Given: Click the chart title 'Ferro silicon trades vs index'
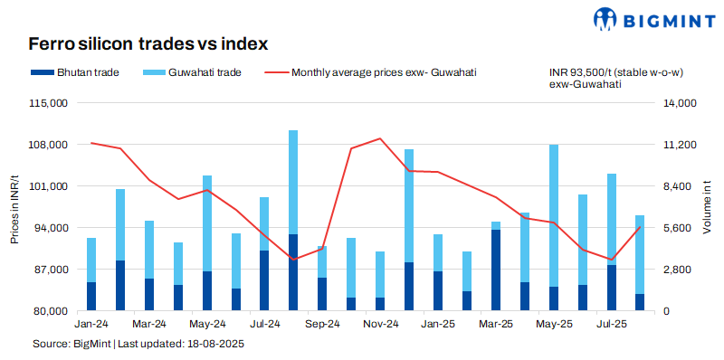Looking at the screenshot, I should [x=148, y=43].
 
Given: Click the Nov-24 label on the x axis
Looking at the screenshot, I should [x=380, y=324].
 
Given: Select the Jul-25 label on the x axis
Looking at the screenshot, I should [x=612, y=324].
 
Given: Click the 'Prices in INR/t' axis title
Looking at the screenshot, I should [x=14, y=207].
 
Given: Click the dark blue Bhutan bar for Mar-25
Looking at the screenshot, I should [x=496, y=270].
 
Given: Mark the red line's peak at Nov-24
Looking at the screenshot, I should [x=380, y=138].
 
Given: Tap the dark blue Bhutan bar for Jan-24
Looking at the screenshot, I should [x=90, y=297].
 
